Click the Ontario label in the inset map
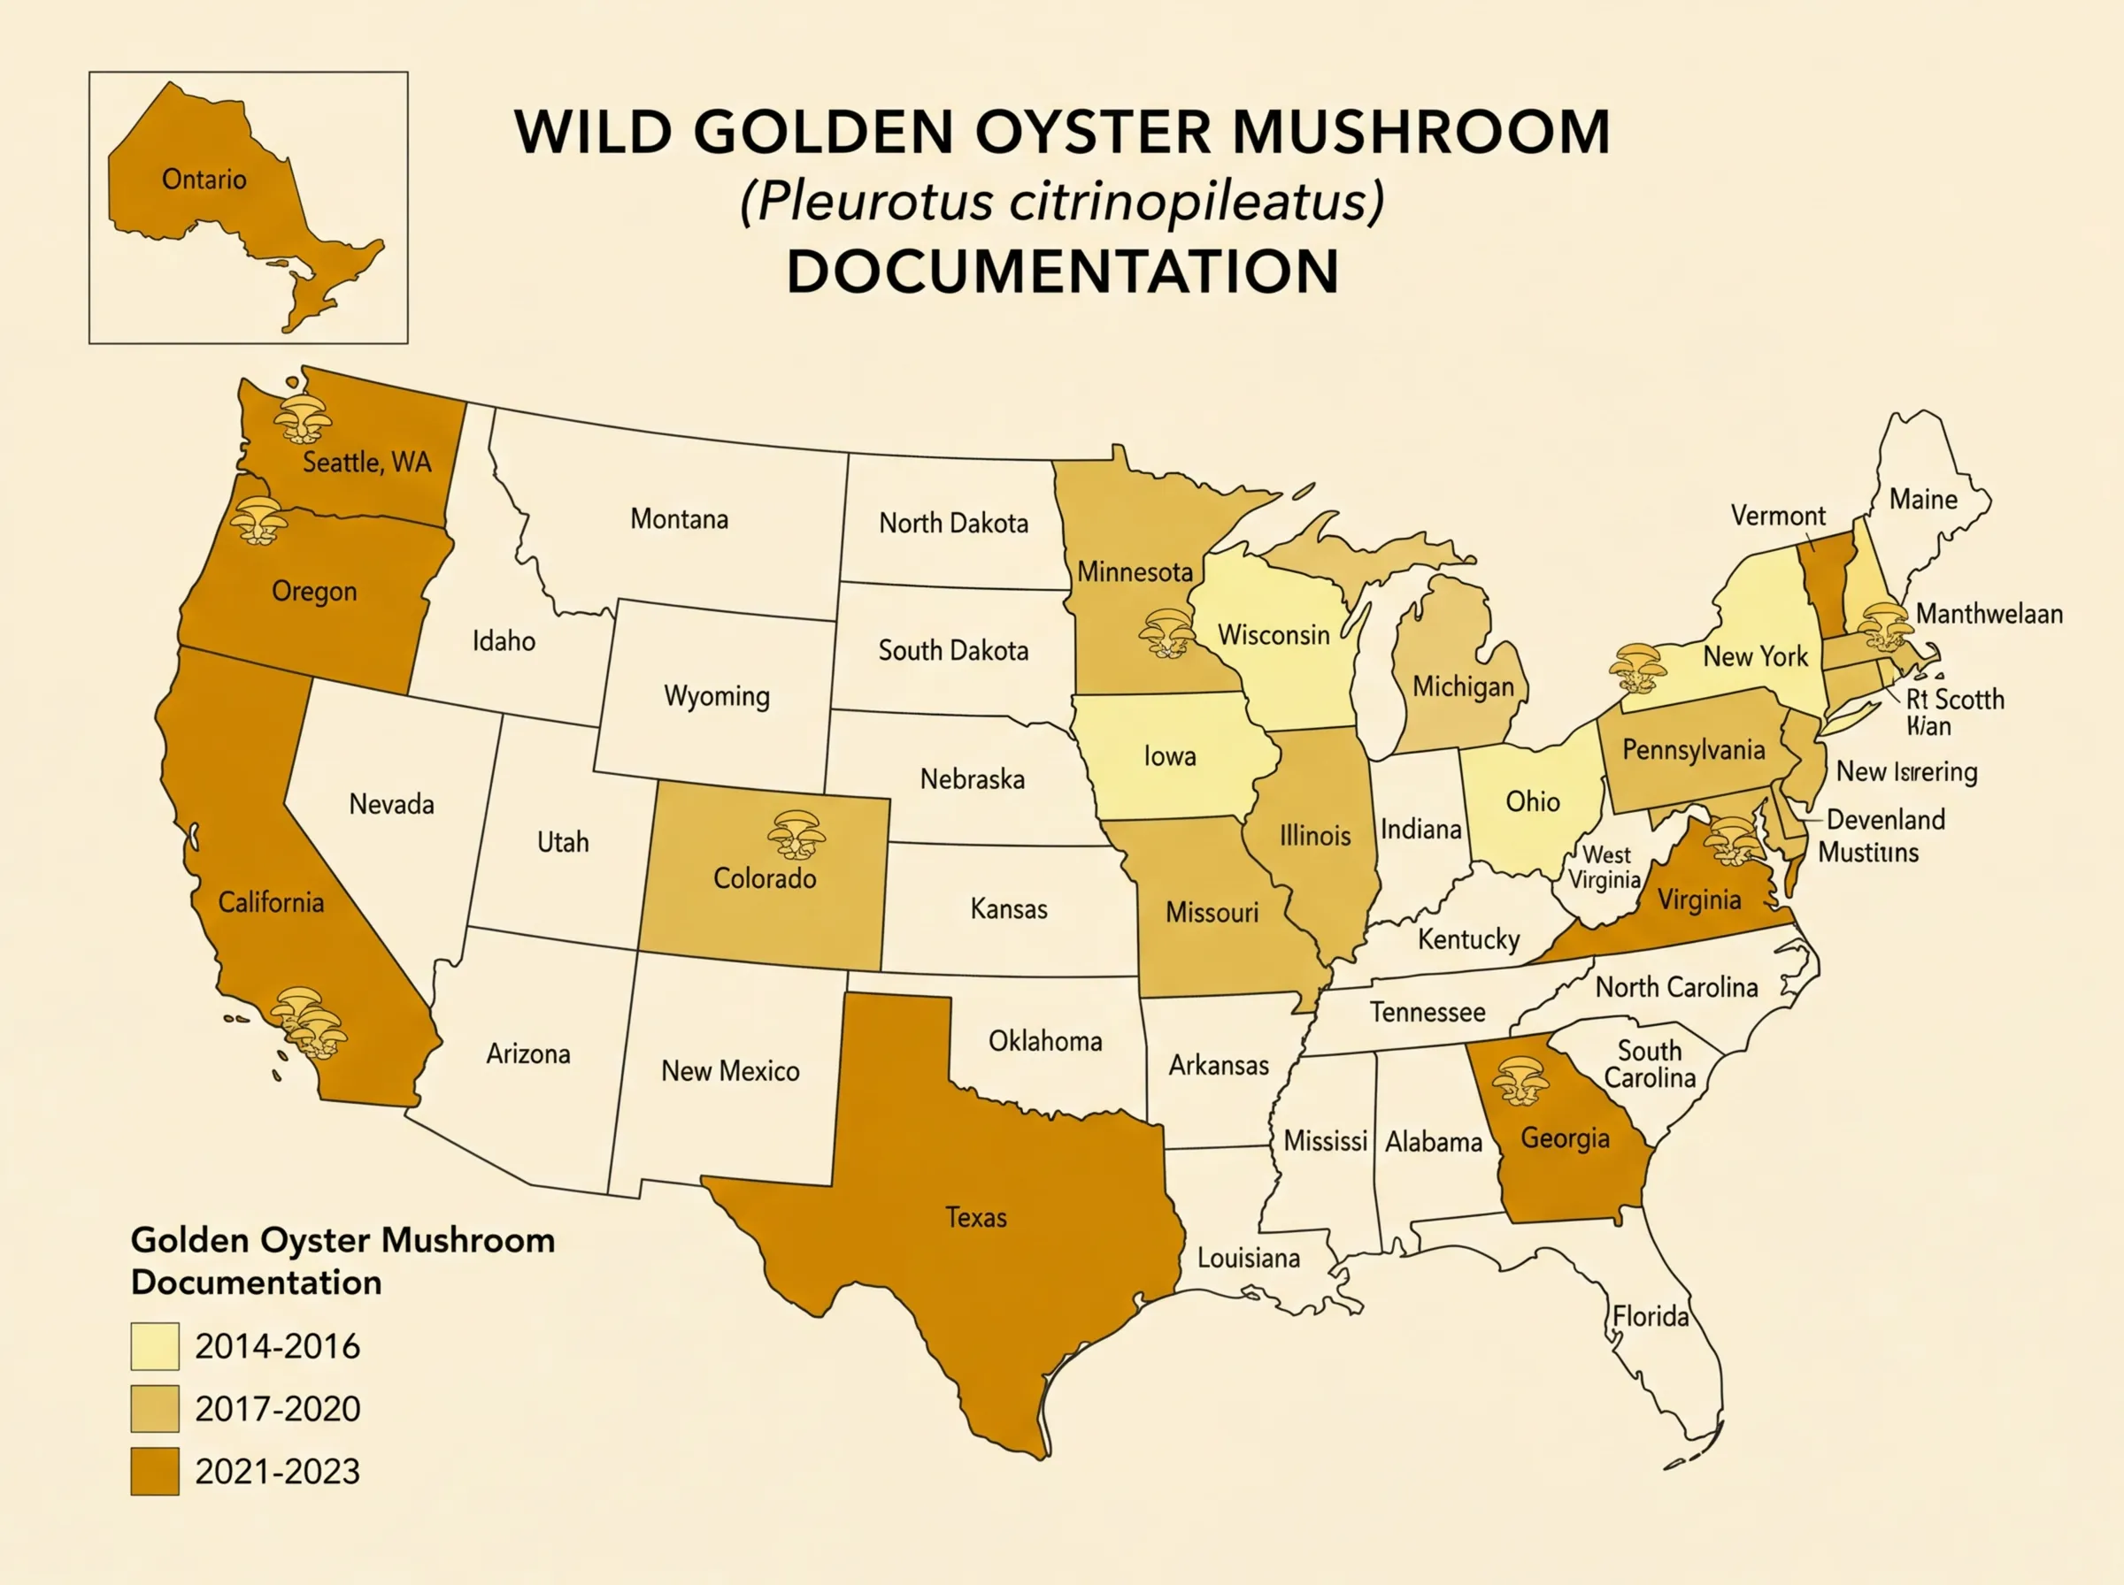[x=204, y=180]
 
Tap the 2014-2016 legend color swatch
[x=155, y=1346]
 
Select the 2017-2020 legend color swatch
[x=155, y=1408]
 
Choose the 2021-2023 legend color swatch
[x=155, y=1471]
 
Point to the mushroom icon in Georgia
[x=1520, y=1082]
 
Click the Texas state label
[x=976, y=1218]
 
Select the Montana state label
[x=679, y=519]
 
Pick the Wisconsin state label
[x=1274, y=634]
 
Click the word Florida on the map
[x=1650, y=1315]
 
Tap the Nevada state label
[x=390, y=803]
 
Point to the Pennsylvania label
[x=1693, y=749]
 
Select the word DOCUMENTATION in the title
[x=1063, y=272]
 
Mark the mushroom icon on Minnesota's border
[x=1166, y=633]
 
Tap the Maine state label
[x=1923, y=499]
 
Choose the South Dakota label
[x=953, y=650]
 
